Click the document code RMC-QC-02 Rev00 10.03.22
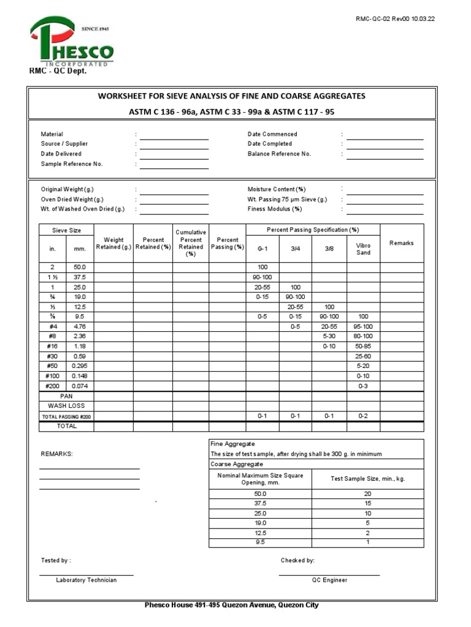396,19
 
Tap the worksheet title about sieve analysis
231,96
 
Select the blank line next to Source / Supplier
174,145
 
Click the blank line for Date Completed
385,145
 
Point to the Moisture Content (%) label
276,189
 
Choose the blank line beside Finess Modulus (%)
385,209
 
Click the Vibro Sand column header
363,249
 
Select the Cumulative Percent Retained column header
191,243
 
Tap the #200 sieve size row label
52,386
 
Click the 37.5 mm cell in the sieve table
80,277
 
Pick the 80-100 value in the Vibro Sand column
363,336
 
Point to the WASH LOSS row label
66,406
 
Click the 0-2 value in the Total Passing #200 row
363,416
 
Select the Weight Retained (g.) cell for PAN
113,396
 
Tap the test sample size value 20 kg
367,494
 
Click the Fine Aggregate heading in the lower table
233,444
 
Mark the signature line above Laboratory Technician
86,575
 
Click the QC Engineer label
329,580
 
